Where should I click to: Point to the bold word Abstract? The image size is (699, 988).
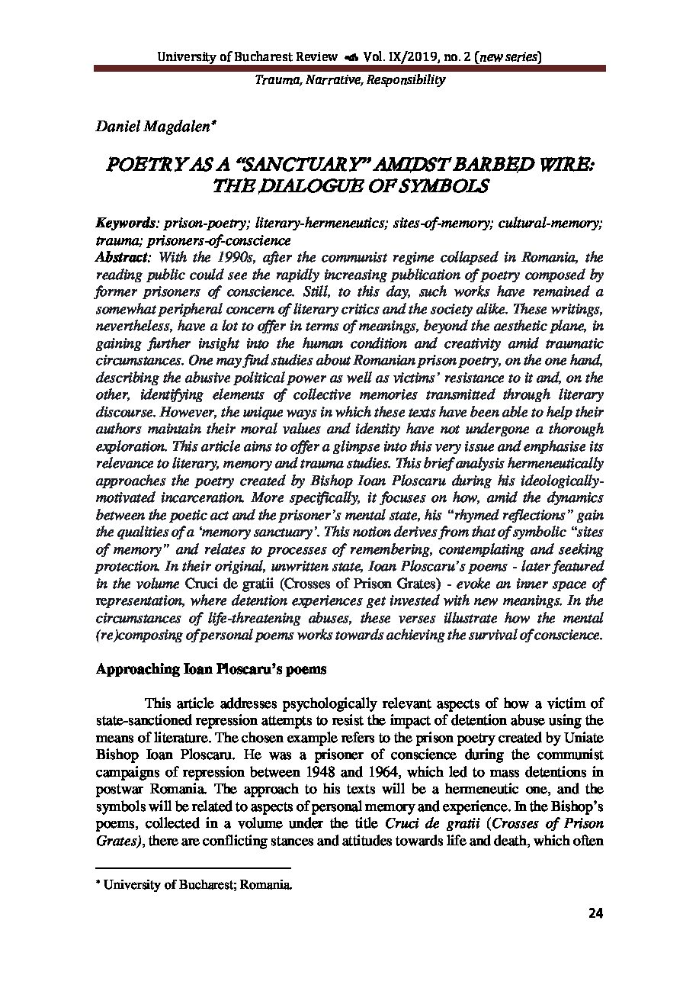click(x=120, y=258)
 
